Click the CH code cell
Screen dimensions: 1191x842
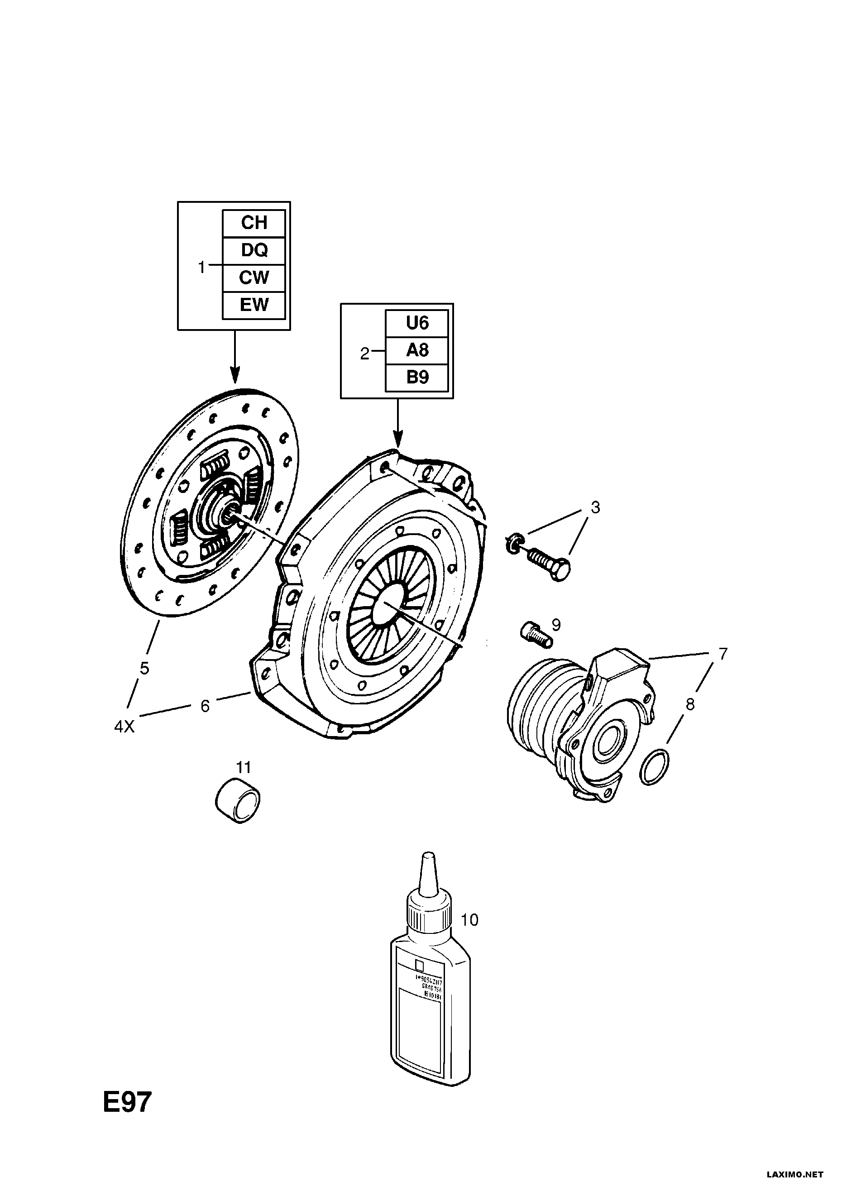254,223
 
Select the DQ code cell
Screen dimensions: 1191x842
254,250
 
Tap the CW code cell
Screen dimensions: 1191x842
254,277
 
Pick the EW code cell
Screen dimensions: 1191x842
254,305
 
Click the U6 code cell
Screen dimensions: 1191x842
416,323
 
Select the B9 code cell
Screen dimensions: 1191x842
416,377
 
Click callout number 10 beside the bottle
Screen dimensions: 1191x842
469,920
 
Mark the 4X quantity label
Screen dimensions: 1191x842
124,727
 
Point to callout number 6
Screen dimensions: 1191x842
205,706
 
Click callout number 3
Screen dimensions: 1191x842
595,507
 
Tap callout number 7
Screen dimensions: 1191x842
722,654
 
